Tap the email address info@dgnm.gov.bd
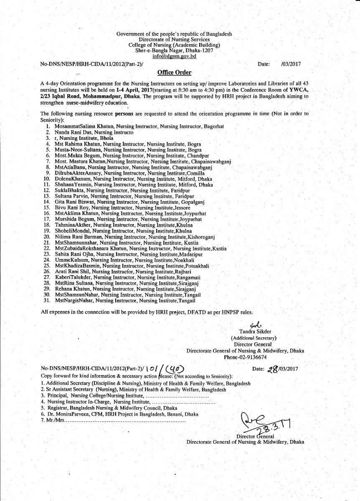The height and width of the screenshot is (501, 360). [x=174, y=56]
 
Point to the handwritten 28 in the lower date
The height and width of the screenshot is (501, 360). [x=273, y=369]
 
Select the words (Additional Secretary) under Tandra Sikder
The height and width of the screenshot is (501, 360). [x=254, y=339]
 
